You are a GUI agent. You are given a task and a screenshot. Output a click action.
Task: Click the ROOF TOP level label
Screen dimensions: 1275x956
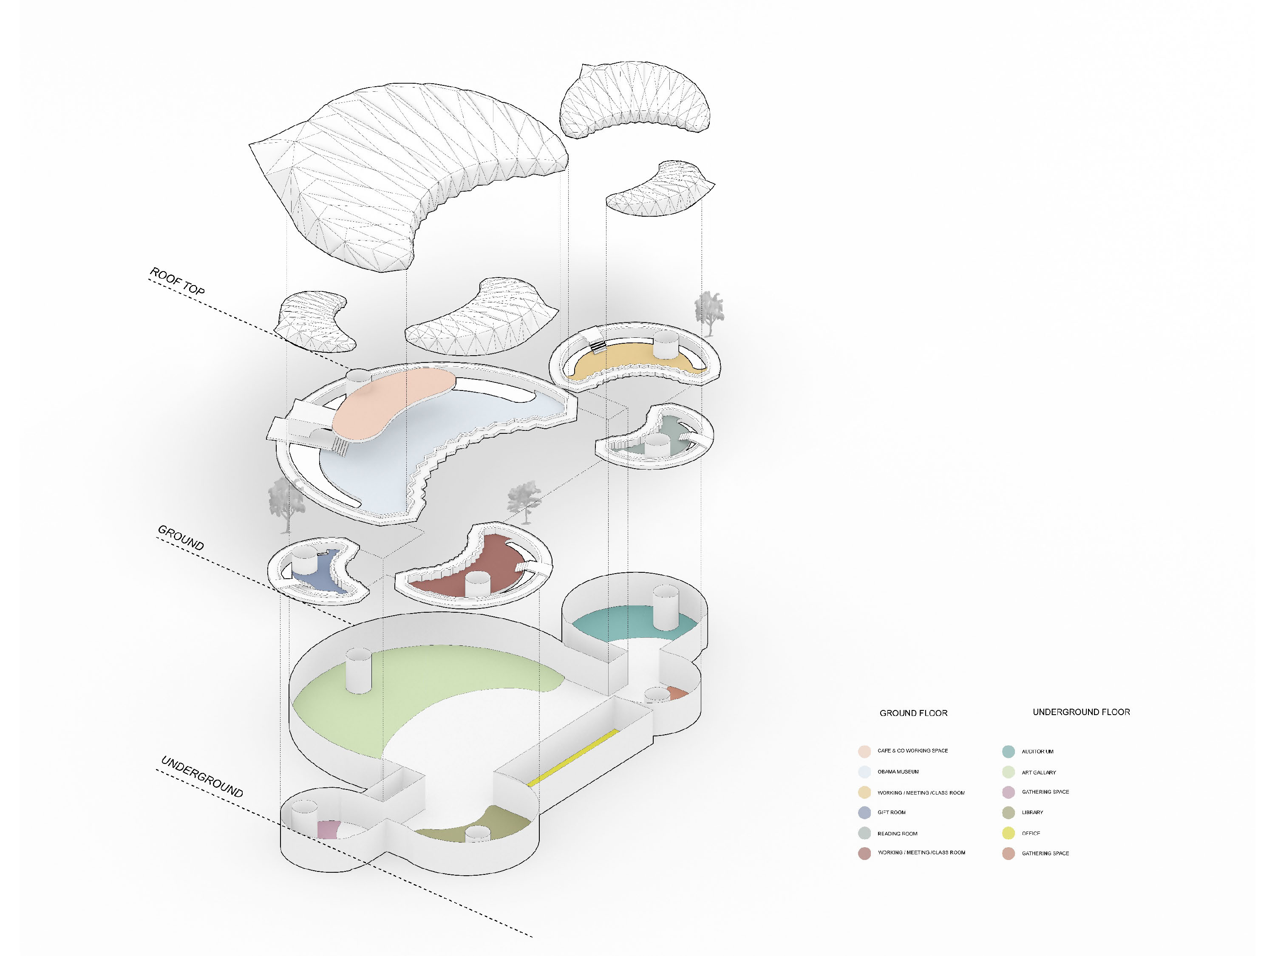click(177, 281)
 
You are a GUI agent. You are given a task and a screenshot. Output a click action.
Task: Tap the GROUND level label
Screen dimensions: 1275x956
click(181, 537)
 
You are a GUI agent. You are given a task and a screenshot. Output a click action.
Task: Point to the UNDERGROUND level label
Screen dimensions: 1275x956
click(202, 776)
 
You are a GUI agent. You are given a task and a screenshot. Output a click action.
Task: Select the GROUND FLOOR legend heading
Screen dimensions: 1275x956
click(913, 713)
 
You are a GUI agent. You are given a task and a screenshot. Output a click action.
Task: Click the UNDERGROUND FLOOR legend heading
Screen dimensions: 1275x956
click(1081, 712)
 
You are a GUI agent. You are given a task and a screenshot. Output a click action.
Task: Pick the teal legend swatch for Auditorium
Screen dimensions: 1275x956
click(1008, 752)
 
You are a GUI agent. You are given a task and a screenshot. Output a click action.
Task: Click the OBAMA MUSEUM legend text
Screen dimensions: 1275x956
click(898, 772)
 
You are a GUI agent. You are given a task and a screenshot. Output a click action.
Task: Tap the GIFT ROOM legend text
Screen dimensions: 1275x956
click(891, 812)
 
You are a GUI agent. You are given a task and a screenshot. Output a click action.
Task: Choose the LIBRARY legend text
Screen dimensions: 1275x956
click(1032, 812)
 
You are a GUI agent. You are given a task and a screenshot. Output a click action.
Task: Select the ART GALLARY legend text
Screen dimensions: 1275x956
click(1039, 772)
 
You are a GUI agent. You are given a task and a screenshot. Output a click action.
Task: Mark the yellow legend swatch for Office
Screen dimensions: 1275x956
click(1008, 833)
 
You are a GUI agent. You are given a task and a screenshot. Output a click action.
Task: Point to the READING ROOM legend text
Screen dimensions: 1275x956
click(897, 833)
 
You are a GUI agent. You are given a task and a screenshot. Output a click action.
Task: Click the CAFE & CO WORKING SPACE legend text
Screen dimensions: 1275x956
click(912, 750)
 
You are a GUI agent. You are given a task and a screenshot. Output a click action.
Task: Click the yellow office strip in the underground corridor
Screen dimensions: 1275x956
click(573, 757)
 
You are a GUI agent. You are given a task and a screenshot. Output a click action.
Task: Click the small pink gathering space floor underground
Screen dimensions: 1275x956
click(327, 829)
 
